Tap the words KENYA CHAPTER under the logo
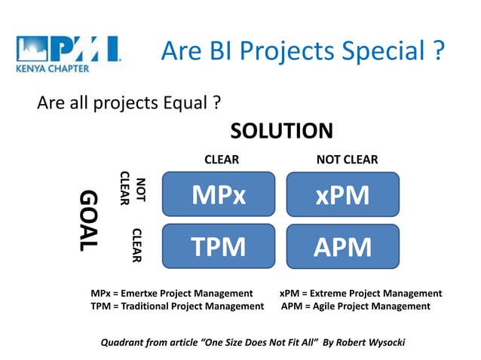pyautogui.click(x=52, y=69)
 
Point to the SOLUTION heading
pyautogui.click(x=281, y=131)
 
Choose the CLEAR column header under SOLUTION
pyautogui.click(x=222, y=160)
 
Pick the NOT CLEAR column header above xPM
pyautogui.click(x=347, y=160)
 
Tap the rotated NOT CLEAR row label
pyautogui.click(x=133, y=188)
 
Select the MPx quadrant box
pyautogui.click(x=219, y=195)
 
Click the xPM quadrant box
pyautogui.click(x=342, y=195)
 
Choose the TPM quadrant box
pyautogui.click(x=219, y=246)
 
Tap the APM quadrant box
pyautogui.click(x=342, y=246)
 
